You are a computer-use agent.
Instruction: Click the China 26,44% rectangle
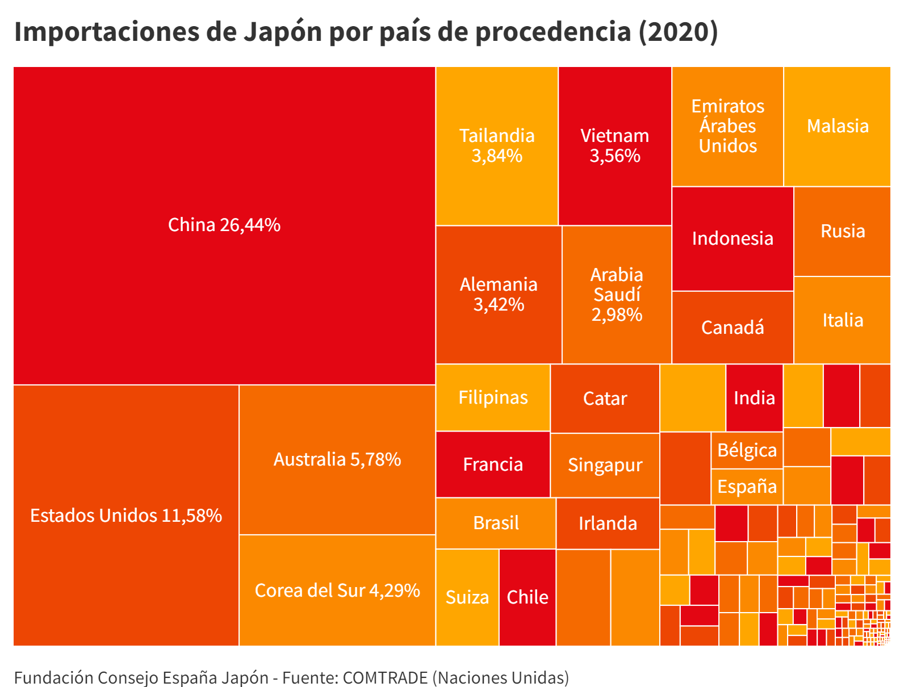[224, 225]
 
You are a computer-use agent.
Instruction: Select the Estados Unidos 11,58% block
[126, 516]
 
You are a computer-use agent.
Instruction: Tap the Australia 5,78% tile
[337, 459]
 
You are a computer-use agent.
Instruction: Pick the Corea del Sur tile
[337, 590]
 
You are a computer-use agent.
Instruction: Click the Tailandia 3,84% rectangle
[497, 146]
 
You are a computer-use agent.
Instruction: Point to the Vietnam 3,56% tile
[614, 146]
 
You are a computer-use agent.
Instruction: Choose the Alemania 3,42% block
[499, 295]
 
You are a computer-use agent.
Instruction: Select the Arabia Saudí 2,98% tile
[617, 295]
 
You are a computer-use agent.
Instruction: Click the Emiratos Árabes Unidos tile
[727, 126]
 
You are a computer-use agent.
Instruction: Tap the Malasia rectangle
[838, 126]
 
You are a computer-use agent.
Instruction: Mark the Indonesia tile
[733, 238]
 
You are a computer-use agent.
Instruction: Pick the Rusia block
[843, 231]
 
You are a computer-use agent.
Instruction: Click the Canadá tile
[733, 328]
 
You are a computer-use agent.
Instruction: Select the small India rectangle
[754, 398]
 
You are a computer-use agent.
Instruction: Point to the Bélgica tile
[747, 450]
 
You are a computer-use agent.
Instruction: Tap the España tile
[747, 487]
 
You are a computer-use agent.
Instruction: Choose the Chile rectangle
[528, 597]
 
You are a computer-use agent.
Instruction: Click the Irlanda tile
[608, 523]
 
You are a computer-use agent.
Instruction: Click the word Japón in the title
[283, 32]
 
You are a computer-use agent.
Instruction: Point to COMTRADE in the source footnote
[385, 677]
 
